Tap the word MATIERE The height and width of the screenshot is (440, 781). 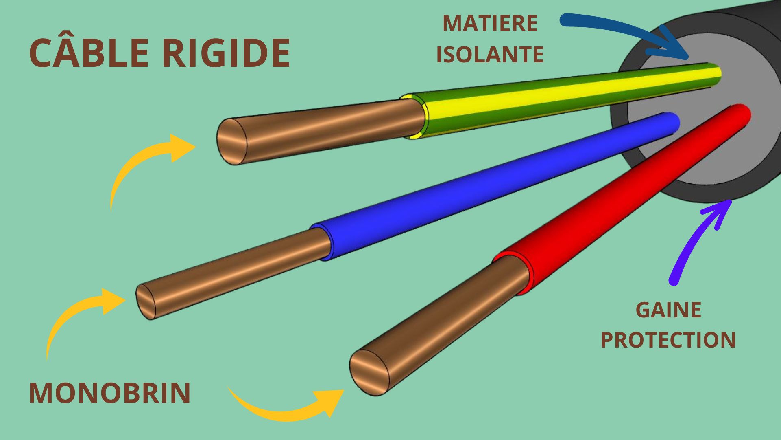[x=490, y=23]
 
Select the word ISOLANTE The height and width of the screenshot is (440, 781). [x=490, y=54]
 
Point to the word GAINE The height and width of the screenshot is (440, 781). [x=668, y=310]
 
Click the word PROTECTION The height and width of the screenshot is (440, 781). [x=668, y=340]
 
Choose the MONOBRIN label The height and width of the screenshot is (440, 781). [x=110, y=393]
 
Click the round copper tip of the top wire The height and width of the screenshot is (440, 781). [x=232, y=141]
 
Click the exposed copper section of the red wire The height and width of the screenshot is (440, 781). [x=439, y=326]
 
